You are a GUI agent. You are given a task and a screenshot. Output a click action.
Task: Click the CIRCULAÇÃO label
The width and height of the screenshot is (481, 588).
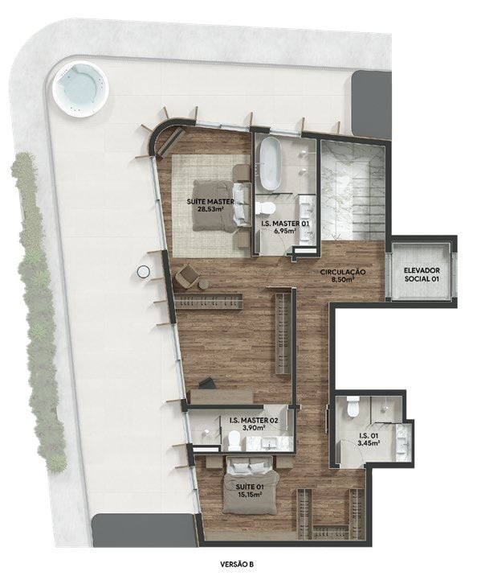pos(343,272)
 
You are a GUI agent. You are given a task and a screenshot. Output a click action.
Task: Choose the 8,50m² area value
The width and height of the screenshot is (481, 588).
pos(343,281)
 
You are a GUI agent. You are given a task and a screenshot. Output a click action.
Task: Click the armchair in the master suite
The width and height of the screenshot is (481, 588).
pos(190,277)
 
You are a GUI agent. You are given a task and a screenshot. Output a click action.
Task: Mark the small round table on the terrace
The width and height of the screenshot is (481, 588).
pos(143,272)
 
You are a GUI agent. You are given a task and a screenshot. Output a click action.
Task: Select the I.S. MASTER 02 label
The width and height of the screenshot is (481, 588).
pos(253,420)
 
